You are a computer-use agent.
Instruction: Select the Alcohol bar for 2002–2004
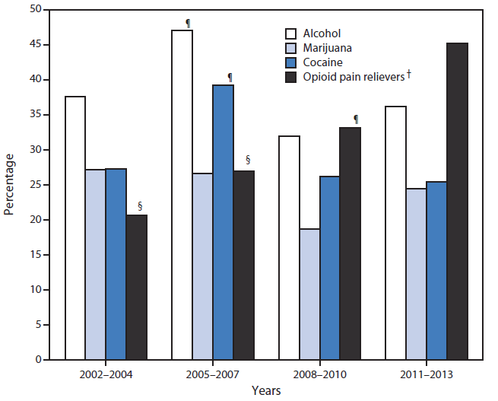(x=75, y=228)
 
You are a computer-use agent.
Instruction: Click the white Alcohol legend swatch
(x=290, y=33)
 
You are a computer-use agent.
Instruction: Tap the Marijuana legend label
(x=327, y=48)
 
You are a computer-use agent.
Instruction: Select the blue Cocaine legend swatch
(x=290, y=62)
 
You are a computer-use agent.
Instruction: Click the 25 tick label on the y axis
(x=36, y=185)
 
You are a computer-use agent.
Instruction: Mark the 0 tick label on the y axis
(x=39, y=360)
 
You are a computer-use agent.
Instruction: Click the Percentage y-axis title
(x=10, y=184)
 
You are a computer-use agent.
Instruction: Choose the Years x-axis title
(x=266, y=390)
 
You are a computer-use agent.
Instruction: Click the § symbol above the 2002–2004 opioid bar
(x=139, y=205)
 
